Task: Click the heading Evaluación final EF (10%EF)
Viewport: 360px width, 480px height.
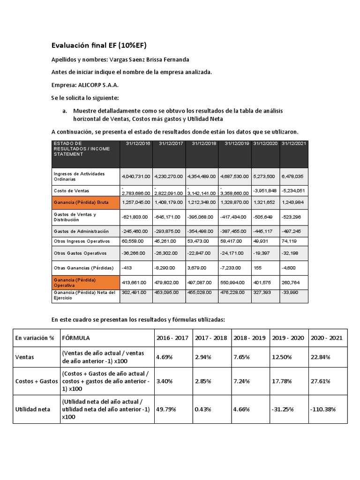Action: [98, 45]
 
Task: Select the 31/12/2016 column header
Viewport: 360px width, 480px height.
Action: [136, 143]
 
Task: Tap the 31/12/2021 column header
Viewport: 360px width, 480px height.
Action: [293, 143]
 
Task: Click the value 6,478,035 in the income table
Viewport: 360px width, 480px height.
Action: [293, 176]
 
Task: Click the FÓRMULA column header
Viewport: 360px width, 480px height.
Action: [76, 337]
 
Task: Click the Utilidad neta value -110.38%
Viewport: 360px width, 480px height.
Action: [322, 409]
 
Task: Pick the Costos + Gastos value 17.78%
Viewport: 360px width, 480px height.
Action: [281, 381]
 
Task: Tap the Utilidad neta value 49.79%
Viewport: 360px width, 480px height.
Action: [166, 409]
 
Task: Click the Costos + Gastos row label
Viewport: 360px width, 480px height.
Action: [36, 381]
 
